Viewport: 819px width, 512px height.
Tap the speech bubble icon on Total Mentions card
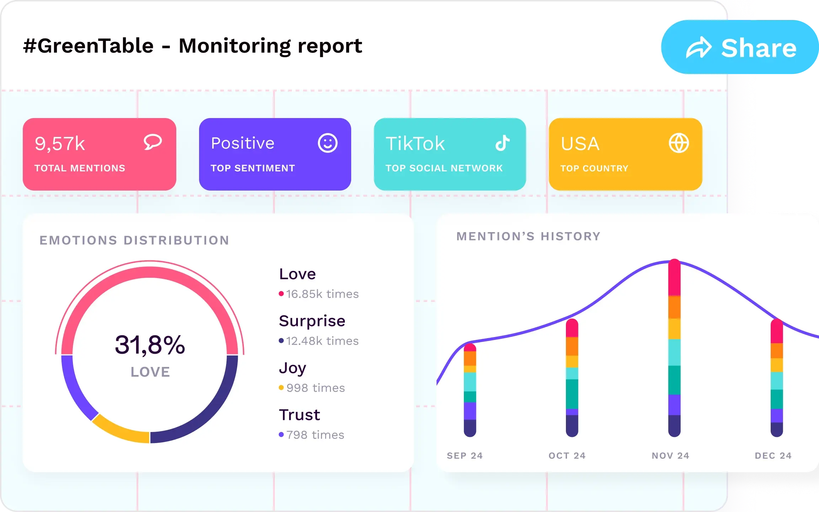(x=153, y=142)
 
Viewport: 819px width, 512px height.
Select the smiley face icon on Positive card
(x=327, y=143)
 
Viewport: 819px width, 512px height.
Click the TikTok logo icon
(x=503, y=143)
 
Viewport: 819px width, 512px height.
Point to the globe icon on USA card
(x=679, y=143)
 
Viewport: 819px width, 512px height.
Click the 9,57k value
(x=60, y=144)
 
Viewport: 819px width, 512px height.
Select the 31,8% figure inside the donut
(x=150, y=345)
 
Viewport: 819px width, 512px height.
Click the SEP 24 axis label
(x=465, y=455)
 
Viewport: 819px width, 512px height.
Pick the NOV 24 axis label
(x=670, y=455)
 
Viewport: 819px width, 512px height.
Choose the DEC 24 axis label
(x=773, y=455)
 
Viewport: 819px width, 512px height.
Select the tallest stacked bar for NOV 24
(x=674, y=348)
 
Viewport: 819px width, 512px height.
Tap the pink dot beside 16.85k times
(x=281, y=294)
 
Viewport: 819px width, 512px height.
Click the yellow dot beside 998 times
(x=281, y=388)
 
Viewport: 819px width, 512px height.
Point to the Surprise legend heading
(x=312, y=321)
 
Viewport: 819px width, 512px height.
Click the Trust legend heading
(x=299, y=415)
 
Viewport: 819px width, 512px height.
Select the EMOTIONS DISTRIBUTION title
(x=134, y=240)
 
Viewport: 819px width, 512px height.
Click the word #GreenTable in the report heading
(x=88, y=46)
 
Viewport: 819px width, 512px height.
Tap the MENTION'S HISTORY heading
(x=529, y=236)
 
